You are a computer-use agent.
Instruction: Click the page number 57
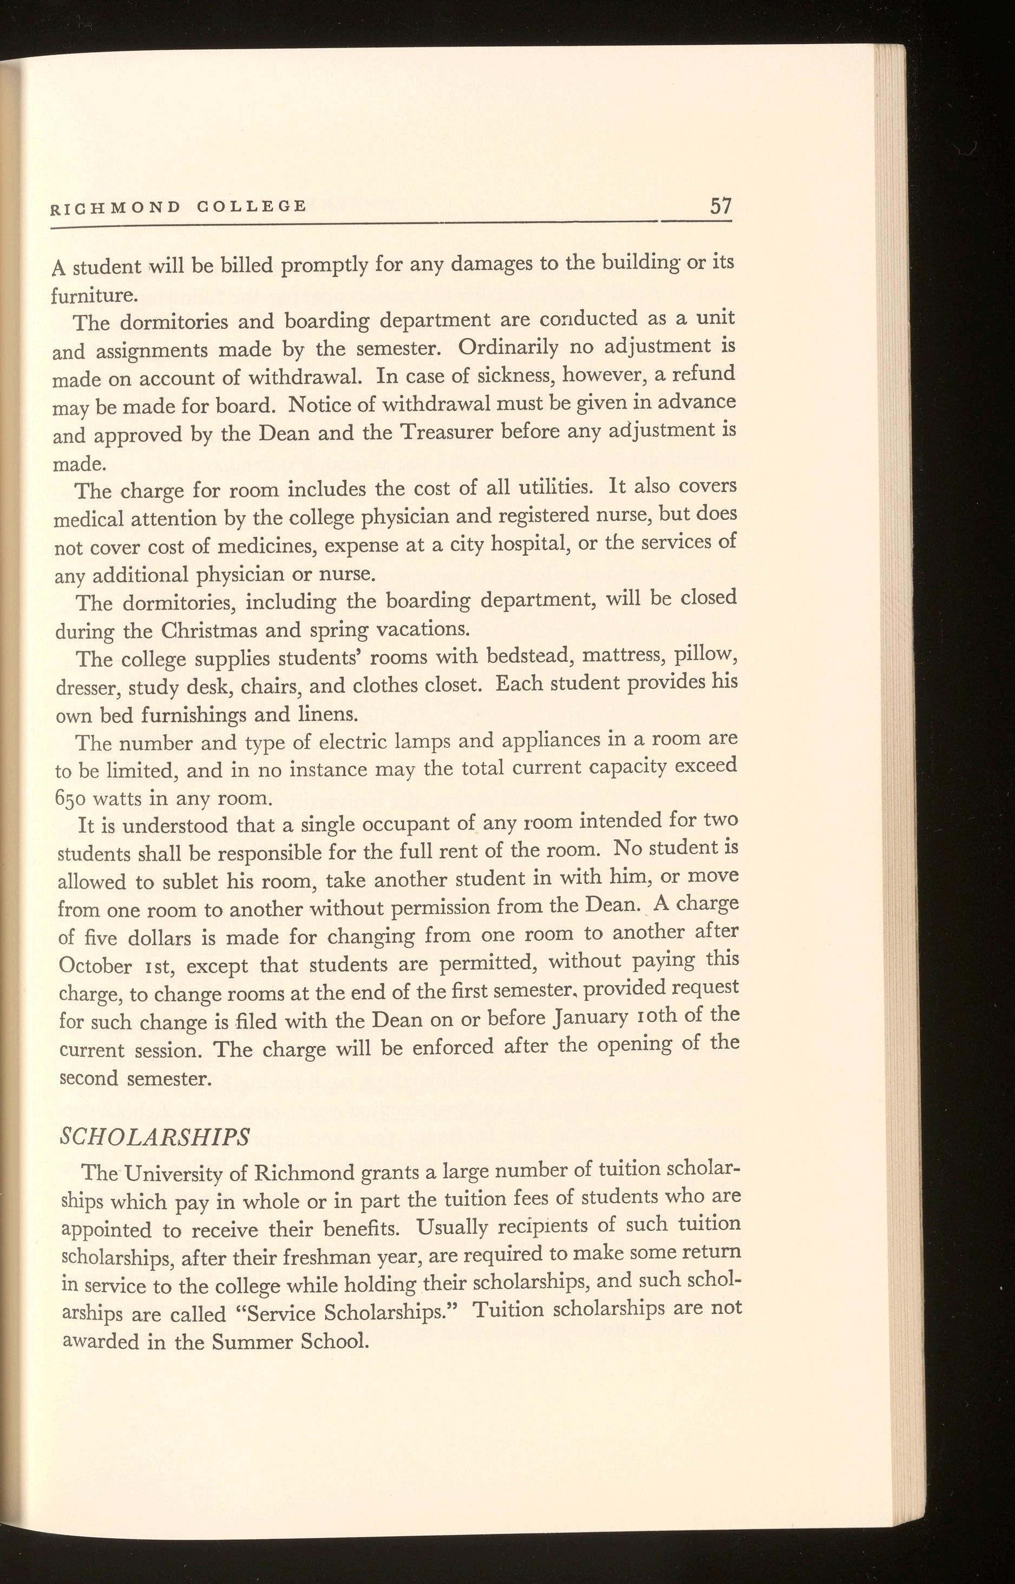(x=720, y=206)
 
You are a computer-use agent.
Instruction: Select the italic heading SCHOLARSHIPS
(x=154, y=1137)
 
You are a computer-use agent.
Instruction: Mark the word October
(x=95, y=966)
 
